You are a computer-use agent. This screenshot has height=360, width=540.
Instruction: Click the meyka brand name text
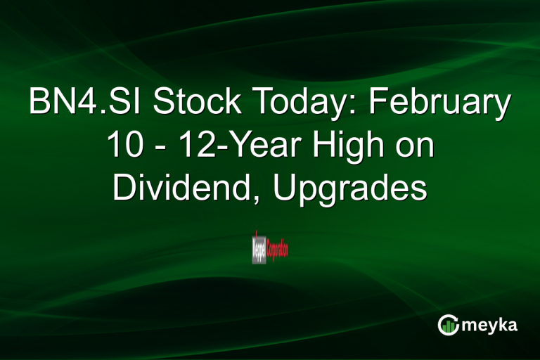[491, 325]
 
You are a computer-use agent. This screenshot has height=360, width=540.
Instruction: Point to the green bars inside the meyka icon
[449, 326]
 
